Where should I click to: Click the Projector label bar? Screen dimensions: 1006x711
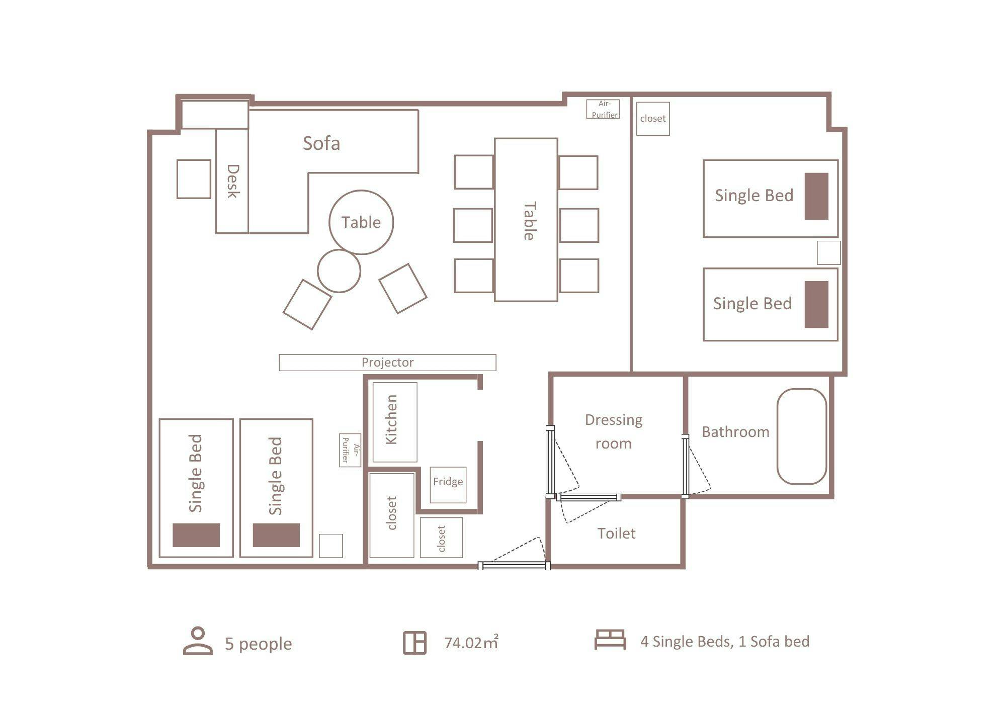click(387, 363)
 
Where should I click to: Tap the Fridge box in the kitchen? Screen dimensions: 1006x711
click(448, 485)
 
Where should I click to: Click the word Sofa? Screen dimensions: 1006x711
click(321, 143)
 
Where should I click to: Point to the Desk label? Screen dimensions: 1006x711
click(232, 181)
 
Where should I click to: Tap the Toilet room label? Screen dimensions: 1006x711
click(616, 533)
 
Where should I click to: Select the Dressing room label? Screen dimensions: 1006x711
click(614, 431)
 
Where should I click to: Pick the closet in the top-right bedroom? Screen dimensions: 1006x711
click(653, 119)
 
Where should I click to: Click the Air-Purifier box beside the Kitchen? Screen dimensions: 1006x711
click(350, 450)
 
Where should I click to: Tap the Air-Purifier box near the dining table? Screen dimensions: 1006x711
click(603, 109)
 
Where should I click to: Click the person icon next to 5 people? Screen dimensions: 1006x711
click(198, 641)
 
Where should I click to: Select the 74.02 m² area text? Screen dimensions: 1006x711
click(471, 642)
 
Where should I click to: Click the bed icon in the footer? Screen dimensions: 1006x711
click(610, 640)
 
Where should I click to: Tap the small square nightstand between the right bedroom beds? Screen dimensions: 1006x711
click(828, 252)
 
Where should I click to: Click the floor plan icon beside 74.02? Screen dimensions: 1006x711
click(415, 643)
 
